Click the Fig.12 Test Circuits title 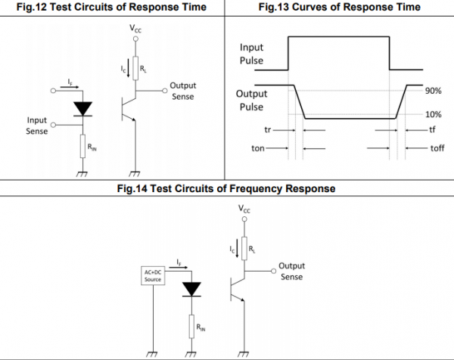(111, 7)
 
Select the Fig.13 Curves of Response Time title (339, 7)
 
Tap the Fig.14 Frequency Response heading (226, 188)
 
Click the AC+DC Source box (153, 275)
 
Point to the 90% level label (433, 91)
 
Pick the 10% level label (433, 115)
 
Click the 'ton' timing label (258, 148)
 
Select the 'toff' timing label (437, 148)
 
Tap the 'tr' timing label (268, 129)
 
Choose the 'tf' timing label (432, 129)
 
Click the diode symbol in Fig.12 (82, 109)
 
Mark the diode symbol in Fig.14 (191, 290)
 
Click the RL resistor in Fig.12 (135, 68)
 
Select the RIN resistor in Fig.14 (191, 327)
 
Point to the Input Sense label (37, 126)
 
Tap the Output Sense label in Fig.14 (291, 272)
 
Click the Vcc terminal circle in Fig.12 (135, 39)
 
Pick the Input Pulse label (251, 54)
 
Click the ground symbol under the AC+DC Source (152, 354)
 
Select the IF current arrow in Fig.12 (70, 87)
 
